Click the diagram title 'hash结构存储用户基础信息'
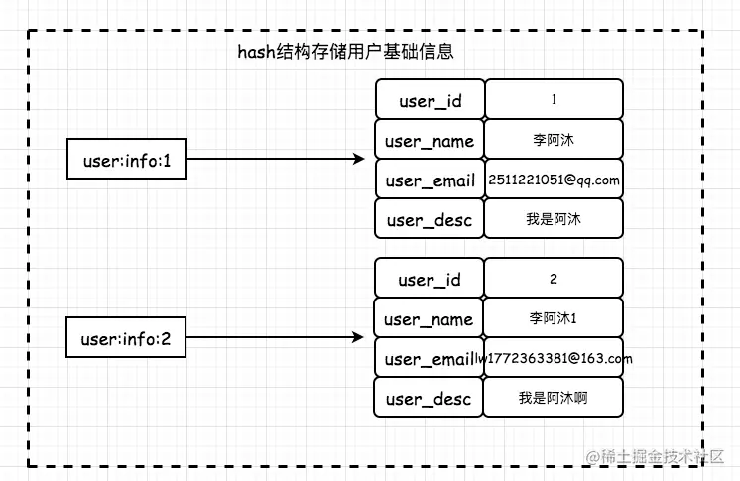coord(345,52)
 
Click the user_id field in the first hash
coord(430,100)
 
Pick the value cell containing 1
coord(554,100)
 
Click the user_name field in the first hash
coord(430,140)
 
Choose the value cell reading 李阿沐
coord(554,140)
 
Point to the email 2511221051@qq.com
coord(554,180)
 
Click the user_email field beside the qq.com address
coord(430,180)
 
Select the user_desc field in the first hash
coord(430,219)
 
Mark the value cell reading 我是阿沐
coord(554,219)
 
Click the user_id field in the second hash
coord(430,280)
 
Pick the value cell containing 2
coord(554,280)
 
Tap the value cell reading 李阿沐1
coord(554,318)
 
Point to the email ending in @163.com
coord(555,358)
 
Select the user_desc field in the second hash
coord(430,398)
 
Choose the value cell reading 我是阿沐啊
coord(554,398)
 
